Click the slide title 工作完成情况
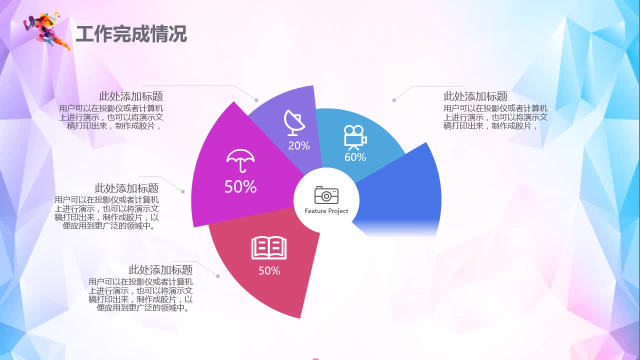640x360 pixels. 131,34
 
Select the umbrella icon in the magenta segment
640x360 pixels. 240,160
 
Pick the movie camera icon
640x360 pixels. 355,137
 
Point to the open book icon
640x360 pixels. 269,248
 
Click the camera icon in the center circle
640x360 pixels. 326,195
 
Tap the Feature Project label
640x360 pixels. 326,211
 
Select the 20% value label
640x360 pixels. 299,146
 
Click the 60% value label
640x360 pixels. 355,157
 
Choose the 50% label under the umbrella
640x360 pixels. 240,187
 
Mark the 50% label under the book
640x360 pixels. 269,271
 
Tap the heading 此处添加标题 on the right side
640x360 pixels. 475,96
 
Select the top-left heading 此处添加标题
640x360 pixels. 131,96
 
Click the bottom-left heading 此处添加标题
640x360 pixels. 160,270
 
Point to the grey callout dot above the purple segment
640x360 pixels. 256,100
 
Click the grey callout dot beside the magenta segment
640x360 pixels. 183,191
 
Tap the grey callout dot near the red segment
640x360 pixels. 218,276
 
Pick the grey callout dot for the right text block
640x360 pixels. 394,100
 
